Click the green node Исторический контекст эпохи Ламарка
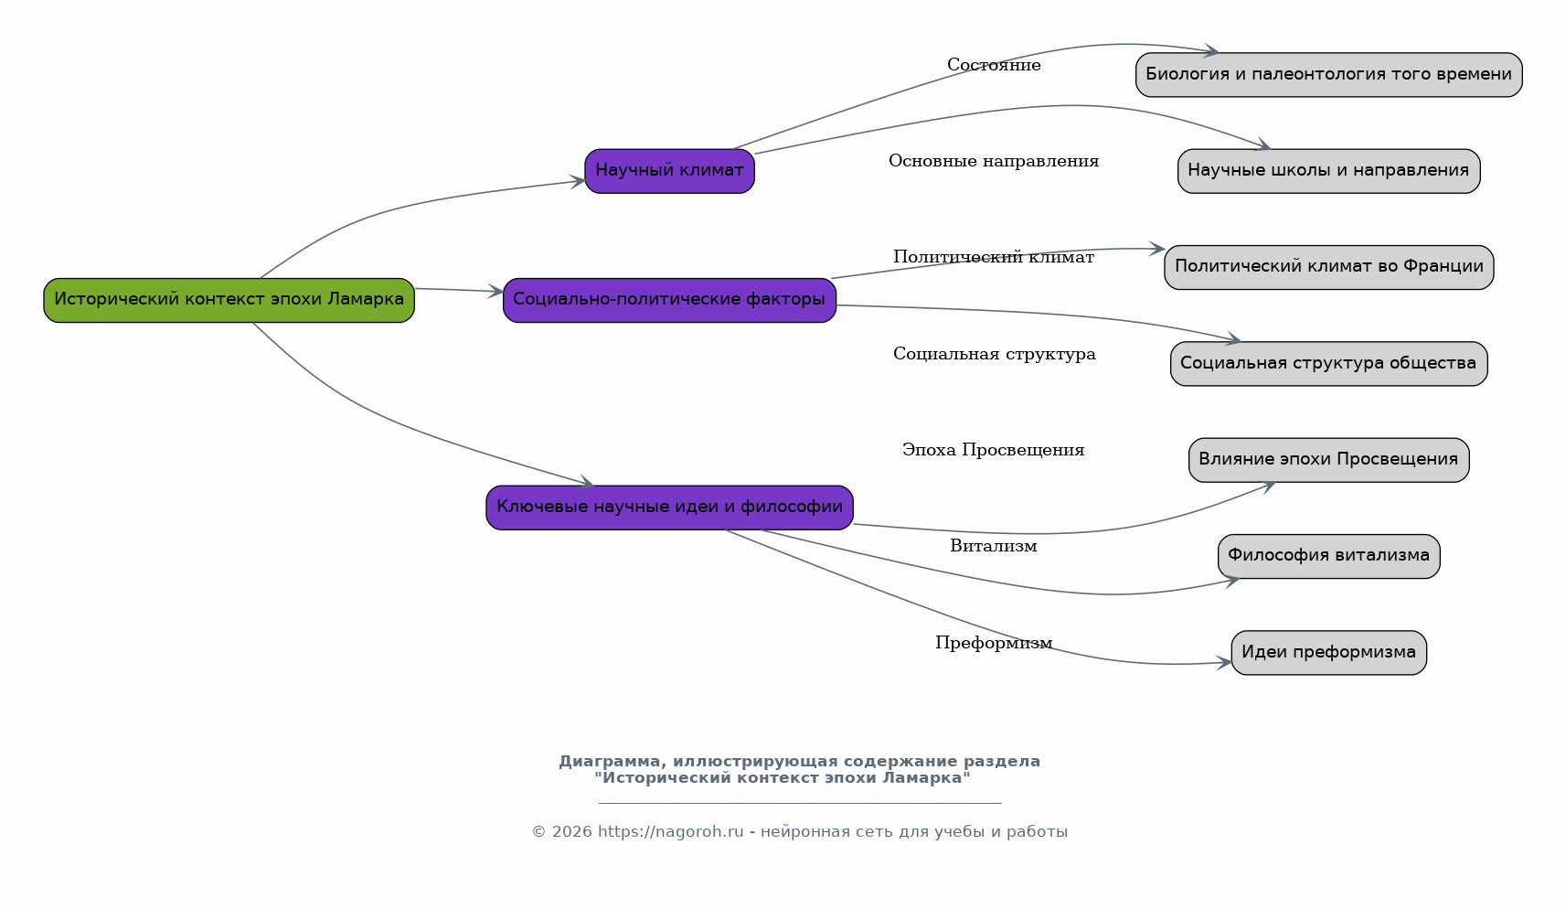click(x=229, y=300)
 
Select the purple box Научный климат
click(x=670, y=171)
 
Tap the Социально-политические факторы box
click(x=670, y=300)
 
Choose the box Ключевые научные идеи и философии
click(x=670, y=507)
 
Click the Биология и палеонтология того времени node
click(x=1329, y=74)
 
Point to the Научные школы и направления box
click(x=1329, y=171)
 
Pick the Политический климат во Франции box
click(x=1329, y=267)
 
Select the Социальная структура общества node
click(x=1329, y=364)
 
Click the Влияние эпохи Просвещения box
click(x=1329, y=460)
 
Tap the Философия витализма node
click(x=1329, y=557)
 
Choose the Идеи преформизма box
click(x=1329, y=652)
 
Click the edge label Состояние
click(x=994, y=65)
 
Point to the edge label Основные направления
click(x=994, y=162)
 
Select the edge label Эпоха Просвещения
click(x=994, y=450)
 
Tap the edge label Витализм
click(x=994, y=546)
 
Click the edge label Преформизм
click(x=994, y=643)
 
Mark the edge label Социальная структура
click(x=995, y=354)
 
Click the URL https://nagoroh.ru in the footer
click(x=670, y=831)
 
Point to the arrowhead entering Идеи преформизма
click(x=1224, y=662)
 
